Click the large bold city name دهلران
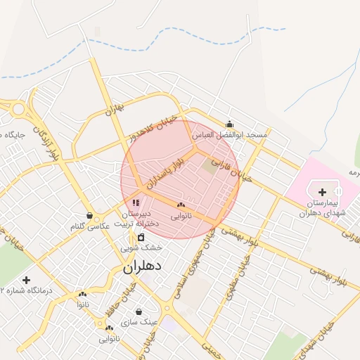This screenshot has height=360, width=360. (x=143, y=266)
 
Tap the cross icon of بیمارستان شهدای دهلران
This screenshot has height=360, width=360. (x=322, y=192)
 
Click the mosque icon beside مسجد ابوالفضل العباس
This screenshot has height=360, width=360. (x=229, y=124)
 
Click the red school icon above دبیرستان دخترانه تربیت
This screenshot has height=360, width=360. (x=136, y=202)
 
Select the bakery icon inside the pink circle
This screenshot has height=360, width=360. (x=181, y=205)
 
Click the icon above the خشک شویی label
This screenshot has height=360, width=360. (x=141, y=237)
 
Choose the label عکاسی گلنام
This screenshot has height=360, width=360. (x=89, y=226)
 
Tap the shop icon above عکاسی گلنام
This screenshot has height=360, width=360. (x=89, y=215)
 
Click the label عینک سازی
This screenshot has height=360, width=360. (x=139, y=322)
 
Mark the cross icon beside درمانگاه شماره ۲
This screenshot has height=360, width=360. (x=27, y=279)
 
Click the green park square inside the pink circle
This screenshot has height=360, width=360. (x=210, y=167)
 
